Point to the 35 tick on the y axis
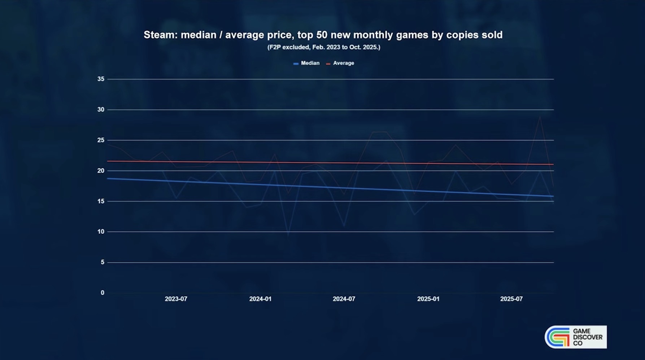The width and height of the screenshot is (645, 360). tap(101, 79)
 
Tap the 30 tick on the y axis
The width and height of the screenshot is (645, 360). tap(101, 110)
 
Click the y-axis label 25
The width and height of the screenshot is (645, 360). tap(101, 140)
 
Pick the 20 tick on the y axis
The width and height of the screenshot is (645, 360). tap(101, 171)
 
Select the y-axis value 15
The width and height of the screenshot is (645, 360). tap(101, 201)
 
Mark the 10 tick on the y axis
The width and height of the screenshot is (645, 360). tap(101, 232)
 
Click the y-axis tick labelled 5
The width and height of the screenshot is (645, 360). tap(103, 262)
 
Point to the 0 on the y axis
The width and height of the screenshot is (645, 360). tap(103, 293)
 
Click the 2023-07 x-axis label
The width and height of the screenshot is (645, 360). tap(176, 299)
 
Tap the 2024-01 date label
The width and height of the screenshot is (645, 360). tap(260, 299)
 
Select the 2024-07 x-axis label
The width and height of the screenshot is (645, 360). tap(344, 299)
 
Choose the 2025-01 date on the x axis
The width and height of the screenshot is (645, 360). tap(428, 299)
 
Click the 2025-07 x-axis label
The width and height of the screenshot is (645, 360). tap(511, 299)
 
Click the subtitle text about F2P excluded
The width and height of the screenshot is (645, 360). tap(323, 47)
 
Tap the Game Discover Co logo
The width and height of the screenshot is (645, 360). tap(575, 337)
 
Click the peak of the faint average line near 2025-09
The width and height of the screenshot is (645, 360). tap(540, 117)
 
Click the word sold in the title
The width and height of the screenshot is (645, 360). tap(491, 35)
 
